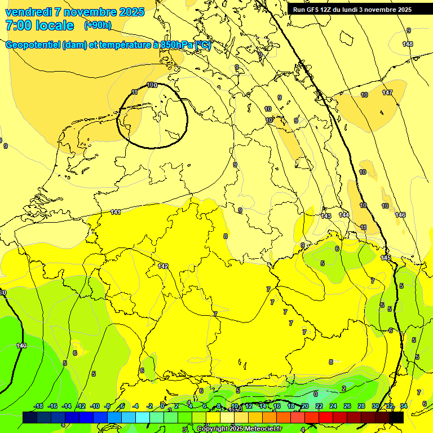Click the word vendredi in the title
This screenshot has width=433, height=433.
point(29,12)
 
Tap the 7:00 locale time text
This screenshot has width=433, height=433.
point(39,25)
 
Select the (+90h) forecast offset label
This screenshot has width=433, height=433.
point(98,25)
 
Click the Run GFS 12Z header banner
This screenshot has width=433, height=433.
point(352,9)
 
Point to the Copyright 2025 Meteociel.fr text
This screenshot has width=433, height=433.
point(239,429)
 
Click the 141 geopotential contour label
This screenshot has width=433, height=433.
point(116,213)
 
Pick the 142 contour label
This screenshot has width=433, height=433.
point(164,266)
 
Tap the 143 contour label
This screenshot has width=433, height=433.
point(326,216)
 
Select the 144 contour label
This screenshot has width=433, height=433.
point(344,215)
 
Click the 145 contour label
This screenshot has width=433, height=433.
point(386,258)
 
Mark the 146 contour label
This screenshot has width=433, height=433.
point(400,215)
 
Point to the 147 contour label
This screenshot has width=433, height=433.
point(387,92)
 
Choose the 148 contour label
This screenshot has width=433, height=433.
point(408,44)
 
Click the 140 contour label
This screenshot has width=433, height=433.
point(21,346)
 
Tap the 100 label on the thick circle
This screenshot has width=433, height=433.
point(152,85)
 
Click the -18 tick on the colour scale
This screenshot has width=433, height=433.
point(39,406)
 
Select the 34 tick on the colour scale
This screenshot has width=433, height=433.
point(403,406)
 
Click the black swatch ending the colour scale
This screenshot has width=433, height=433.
point(396,417)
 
